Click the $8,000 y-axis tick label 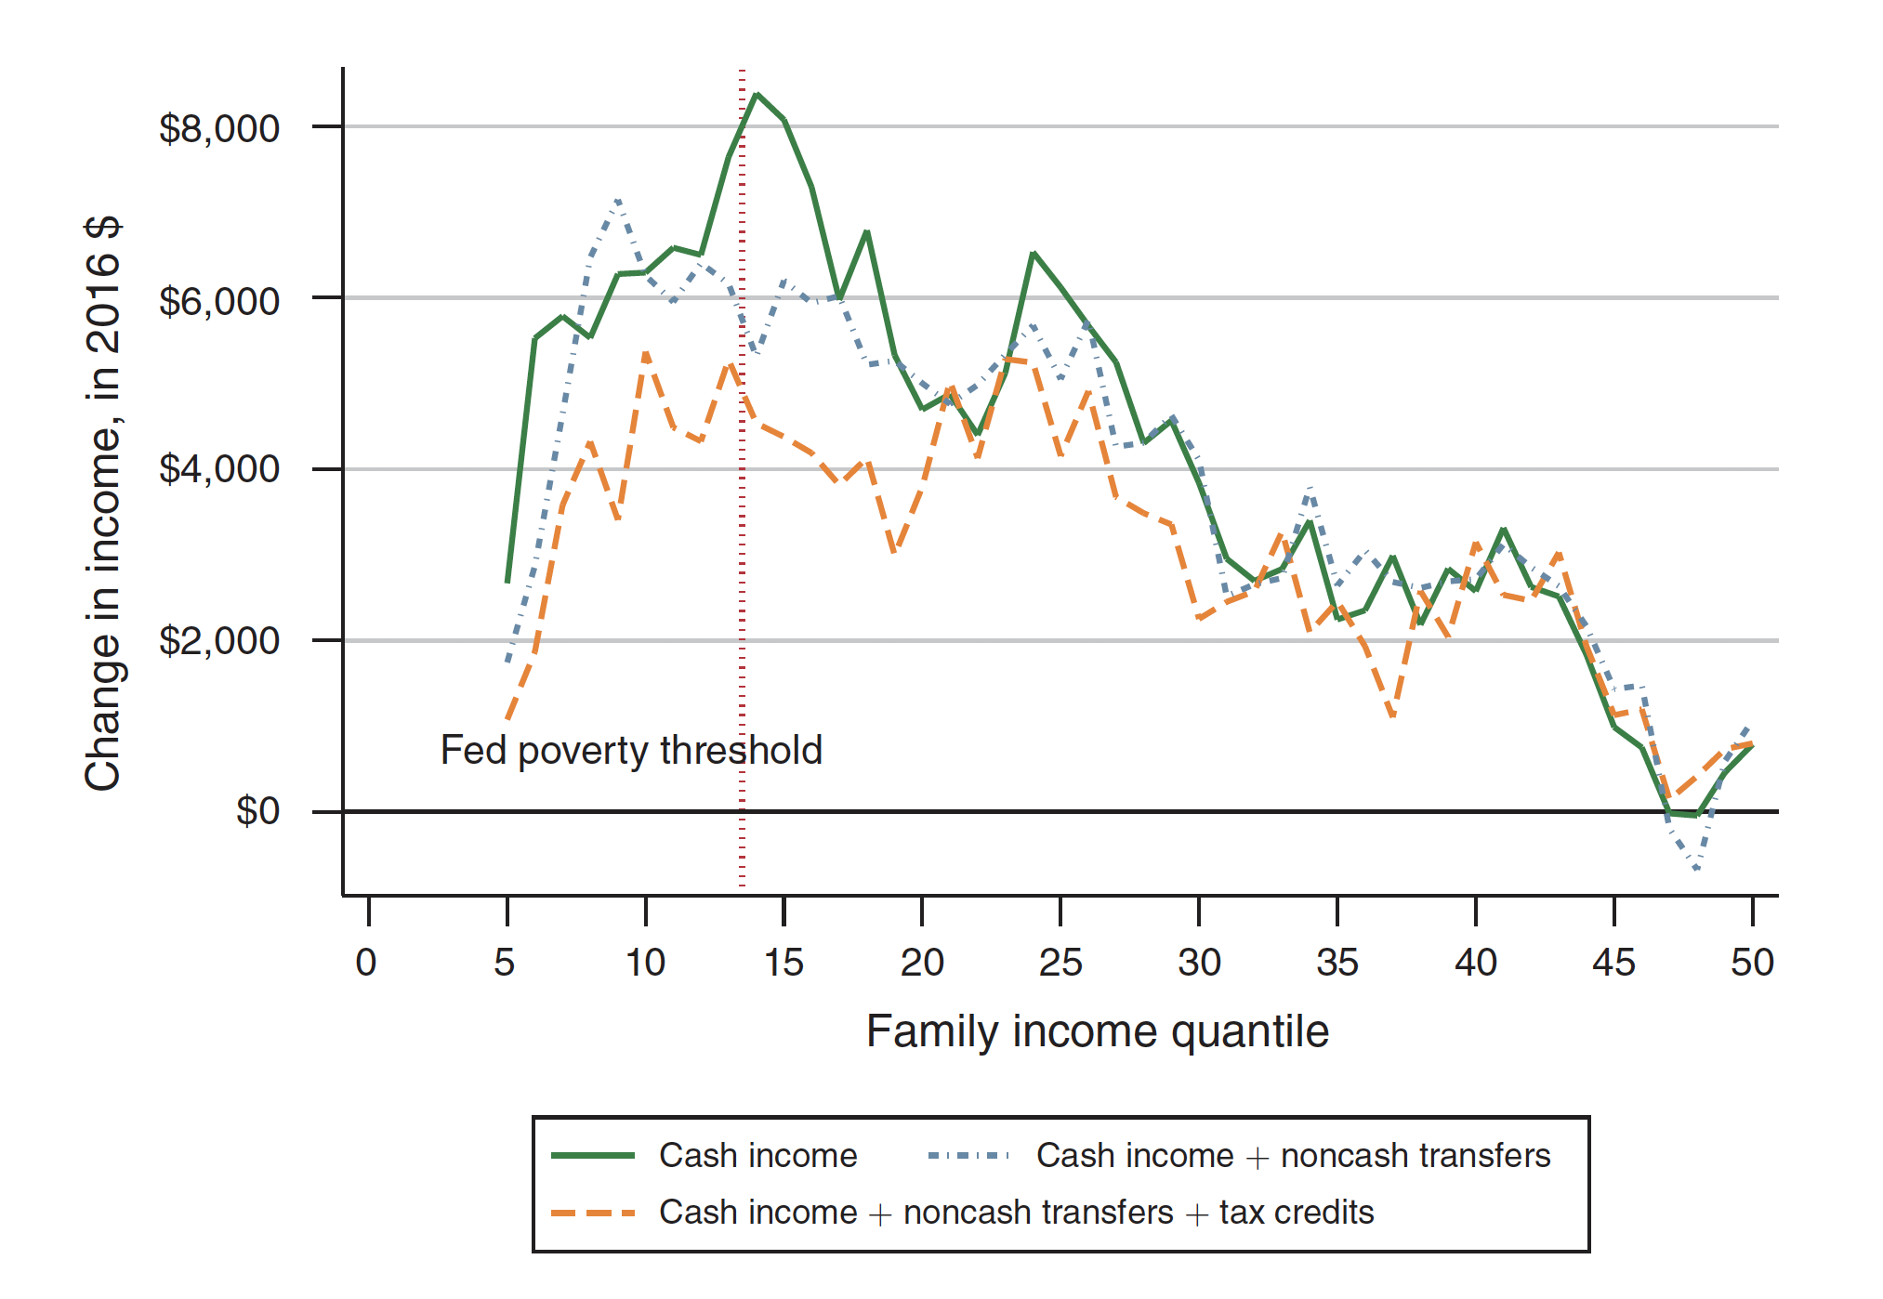coord(219,129)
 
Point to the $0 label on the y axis coord(257,812)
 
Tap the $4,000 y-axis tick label coord(219,469)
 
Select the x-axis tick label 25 coord(1060,963)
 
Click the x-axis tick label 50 coord(1752,963)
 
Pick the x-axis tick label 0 coord(366,963)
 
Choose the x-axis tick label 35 coord(1337,963)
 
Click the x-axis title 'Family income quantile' coord(1098,1031)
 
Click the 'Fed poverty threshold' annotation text coord(631,751)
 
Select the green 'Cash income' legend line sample coord(593,1156)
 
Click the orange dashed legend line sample coord(593,1213)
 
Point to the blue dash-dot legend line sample coord(968,1156)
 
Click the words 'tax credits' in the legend coord(1297,1213)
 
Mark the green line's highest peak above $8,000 coord(757,95)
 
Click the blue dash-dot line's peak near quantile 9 coord(618,200)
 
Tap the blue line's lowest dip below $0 coord(1697,869)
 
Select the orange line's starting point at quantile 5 coord(507,718)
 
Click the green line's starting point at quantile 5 coord(507,582)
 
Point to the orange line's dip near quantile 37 coord(1392,716)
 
